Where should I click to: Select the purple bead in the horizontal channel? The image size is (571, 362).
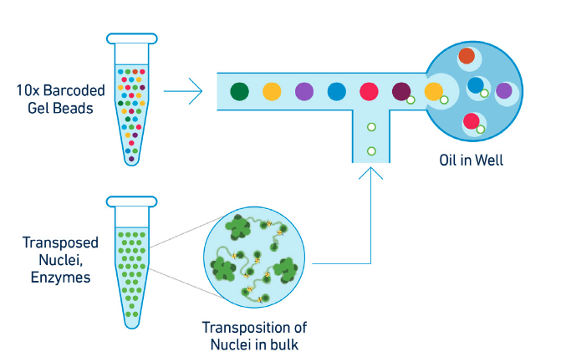pyautogui.click(x=304, y=90)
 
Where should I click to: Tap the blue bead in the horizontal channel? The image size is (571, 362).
pyautogui.click(x=337, y=90)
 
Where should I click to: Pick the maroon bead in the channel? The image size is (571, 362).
pyautogui.click(x=401, y=90)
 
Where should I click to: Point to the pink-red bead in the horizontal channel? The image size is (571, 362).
pyautogui.click(x=369, y=90)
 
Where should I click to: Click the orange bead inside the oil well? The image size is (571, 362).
pyautogui.click(x=466, y=56)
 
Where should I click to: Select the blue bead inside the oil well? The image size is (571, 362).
pyautogui.click(x=476, y=84)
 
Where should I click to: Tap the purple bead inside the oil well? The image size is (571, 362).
pyautogui.click(x=503, y=90)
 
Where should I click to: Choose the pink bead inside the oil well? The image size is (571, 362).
pyautogui.click(x=472, y=120)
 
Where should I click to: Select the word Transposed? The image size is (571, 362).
pyautogui.click(x=60, y=242)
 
